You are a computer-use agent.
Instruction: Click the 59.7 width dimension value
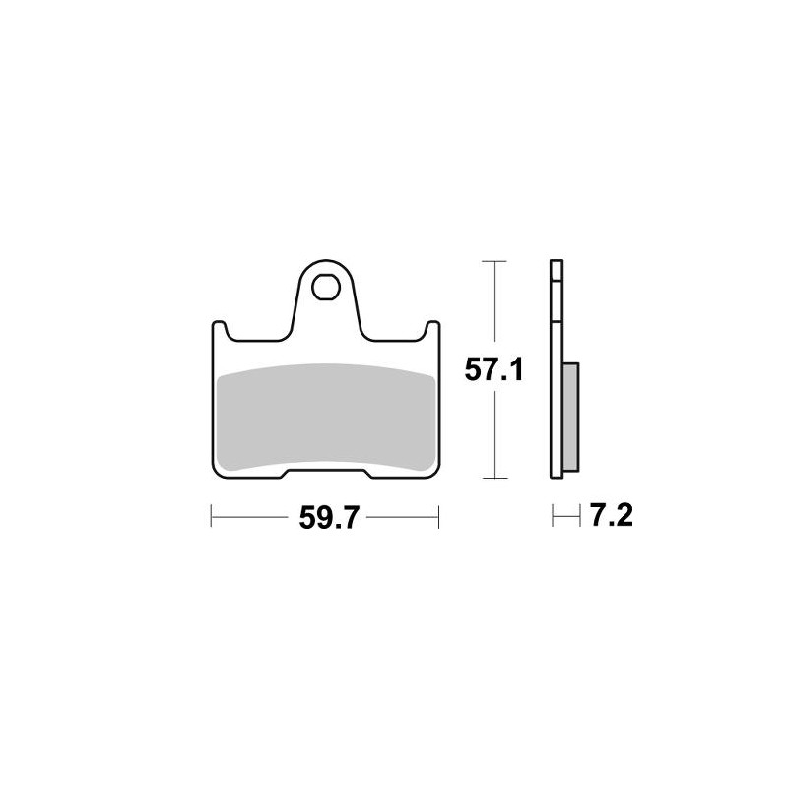[329, 518]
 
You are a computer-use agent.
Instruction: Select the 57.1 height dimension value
[493, 369]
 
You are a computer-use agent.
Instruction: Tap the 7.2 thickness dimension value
[611, 515]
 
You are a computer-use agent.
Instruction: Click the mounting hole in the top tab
[326, 288]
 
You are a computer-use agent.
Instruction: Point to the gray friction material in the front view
[326, 418]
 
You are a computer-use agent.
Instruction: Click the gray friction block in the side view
[571, 418]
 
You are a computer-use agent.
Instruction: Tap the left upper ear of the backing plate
[219, 330]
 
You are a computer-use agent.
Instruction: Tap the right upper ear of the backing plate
[432, 330]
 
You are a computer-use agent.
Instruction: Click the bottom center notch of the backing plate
[326, 473]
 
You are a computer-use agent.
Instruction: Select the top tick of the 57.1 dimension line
[494, 261]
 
